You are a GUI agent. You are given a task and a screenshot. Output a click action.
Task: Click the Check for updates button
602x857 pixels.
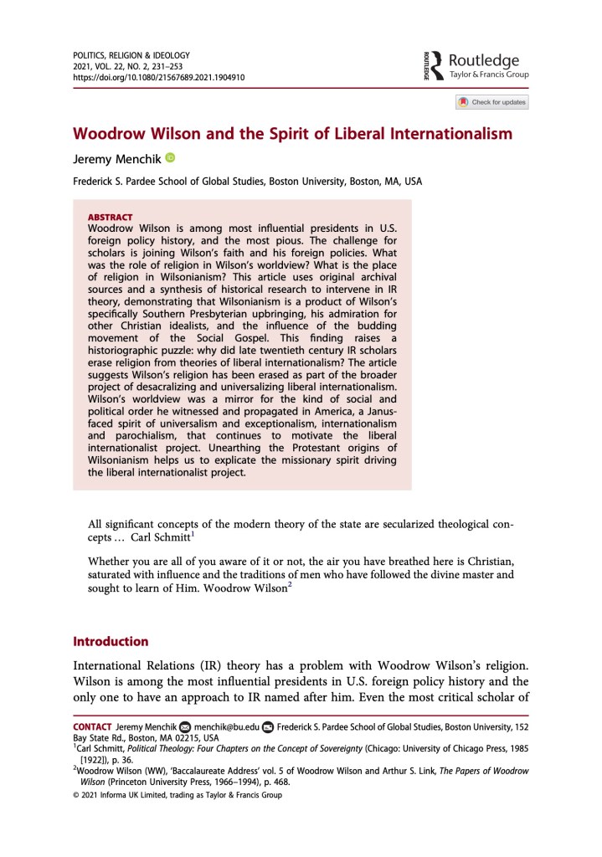click(492, 102)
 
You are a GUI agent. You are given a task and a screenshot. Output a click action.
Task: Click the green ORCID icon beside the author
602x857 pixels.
click(170, 157)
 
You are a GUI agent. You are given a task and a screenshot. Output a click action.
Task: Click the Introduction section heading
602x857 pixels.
click(111, 642)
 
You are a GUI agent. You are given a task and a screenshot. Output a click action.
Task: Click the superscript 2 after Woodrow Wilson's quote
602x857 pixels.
click(289, 584)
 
